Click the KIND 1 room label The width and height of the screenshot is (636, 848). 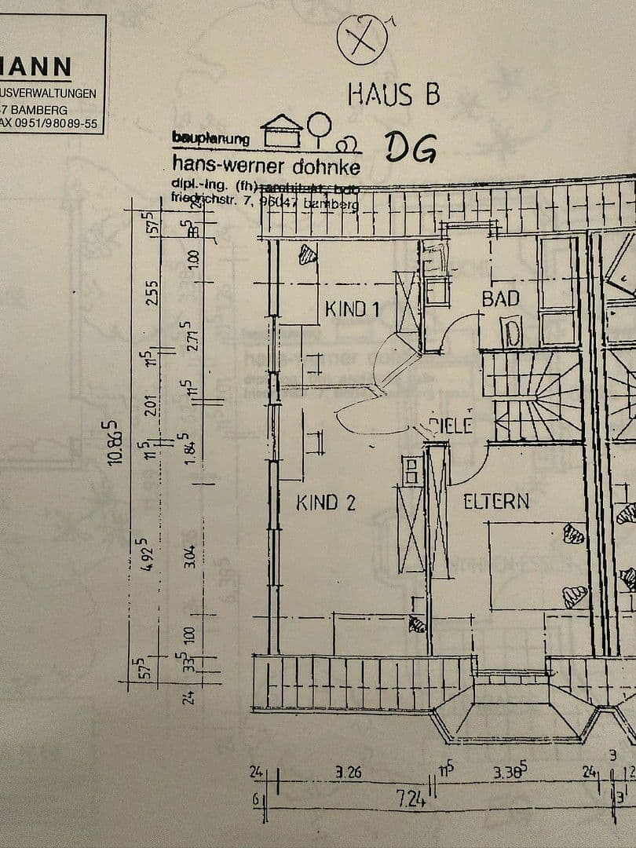pos(352,309)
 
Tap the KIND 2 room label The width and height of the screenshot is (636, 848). pos(326,503)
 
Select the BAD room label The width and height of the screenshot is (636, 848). pos(500,298)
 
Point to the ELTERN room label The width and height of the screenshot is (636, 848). pos(495,501)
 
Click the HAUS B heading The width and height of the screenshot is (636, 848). pos(393,95)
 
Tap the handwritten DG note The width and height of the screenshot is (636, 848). pos(410,148)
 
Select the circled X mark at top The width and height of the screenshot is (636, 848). pos(362,38)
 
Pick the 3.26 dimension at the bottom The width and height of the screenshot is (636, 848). pos(348,773)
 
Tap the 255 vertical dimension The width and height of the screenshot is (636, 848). pos(152,294)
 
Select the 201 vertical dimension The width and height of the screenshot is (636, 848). pos(152,404)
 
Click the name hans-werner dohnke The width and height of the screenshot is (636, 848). pos(266,166)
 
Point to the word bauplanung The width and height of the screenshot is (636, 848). pos(210,139)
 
